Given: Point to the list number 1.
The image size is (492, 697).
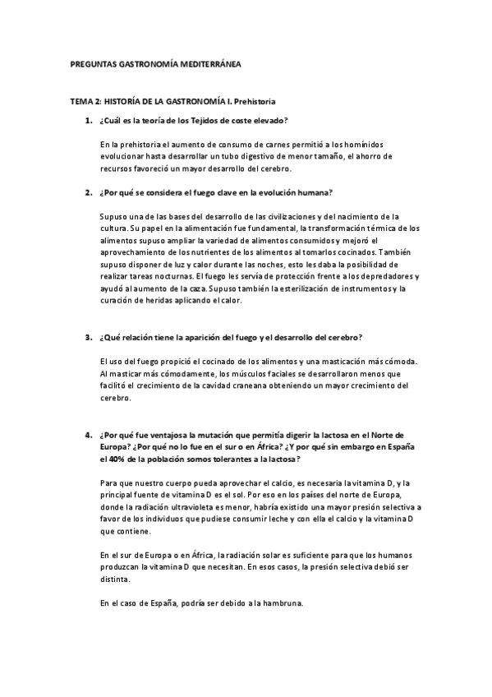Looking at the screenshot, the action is point(88,121).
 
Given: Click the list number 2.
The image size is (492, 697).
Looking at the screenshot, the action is point(88,193).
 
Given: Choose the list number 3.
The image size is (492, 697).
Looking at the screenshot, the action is point(88,337).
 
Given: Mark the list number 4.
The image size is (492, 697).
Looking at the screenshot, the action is point(88,434).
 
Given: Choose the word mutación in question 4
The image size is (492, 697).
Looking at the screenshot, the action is point(212,435).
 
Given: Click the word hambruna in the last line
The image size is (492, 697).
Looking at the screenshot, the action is point(282,604).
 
